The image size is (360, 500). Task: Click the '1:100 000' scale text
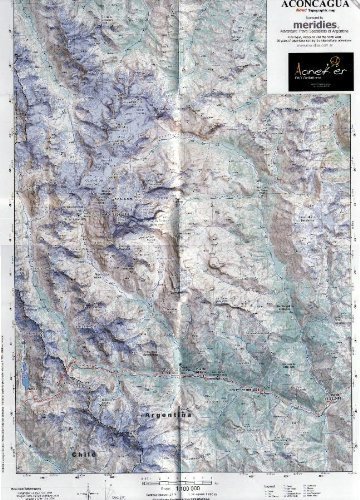180,488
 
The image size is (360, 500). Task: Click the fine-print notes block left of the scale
40,490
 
